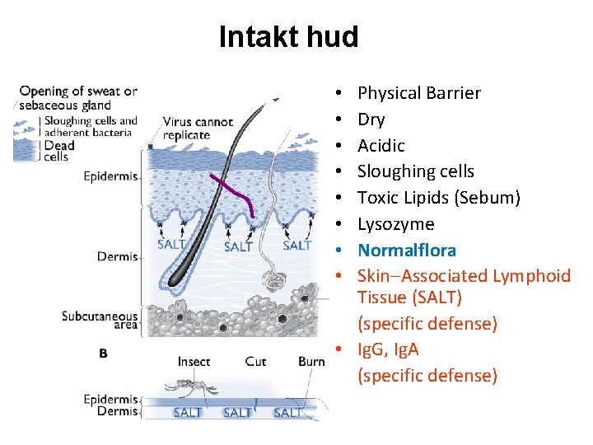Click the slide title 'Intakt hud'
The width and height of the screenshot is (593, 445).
(x=288, y=37)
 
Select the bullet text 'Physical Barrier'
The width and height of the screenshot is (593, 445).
(x=418, y=93)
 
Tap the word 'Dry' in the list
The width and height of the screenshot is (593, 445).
(x=371, y=119)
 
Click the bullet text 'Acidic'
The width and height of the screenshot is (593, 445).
(x=381, y=146)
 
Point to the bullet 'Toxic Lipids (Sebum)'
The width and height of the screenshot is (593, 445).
(x=438, y=198)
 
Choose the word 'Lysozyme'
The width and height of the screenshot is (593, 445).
(x=395, y=224)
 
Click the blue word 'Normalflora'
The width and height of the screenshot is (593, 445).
(x=406, y=251)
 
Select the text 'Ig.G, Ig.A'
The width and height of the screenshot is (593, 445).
(x=388, y=349)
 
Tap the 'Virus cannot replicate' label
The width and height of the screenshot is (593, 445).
(x=197, y=129)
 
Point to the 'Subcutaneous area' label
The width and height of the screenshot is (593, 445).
(x=99, y=321)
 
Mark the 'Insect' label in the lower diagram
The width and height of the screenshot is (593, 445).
(x=194, y=362)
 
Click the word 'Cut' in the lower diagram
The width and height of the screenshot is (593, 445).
(x=255, y=362)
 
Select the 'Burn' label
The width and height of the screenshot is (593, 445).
(x=311, y=362)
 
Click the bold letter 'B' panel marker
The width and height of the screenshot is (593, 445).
(x=103, y=354)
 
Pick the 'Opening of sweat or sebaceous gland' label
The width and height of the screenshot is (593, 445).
(x=77, y=97)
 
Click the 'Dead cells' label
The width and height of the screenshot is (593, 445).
(x=59, y=150)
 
